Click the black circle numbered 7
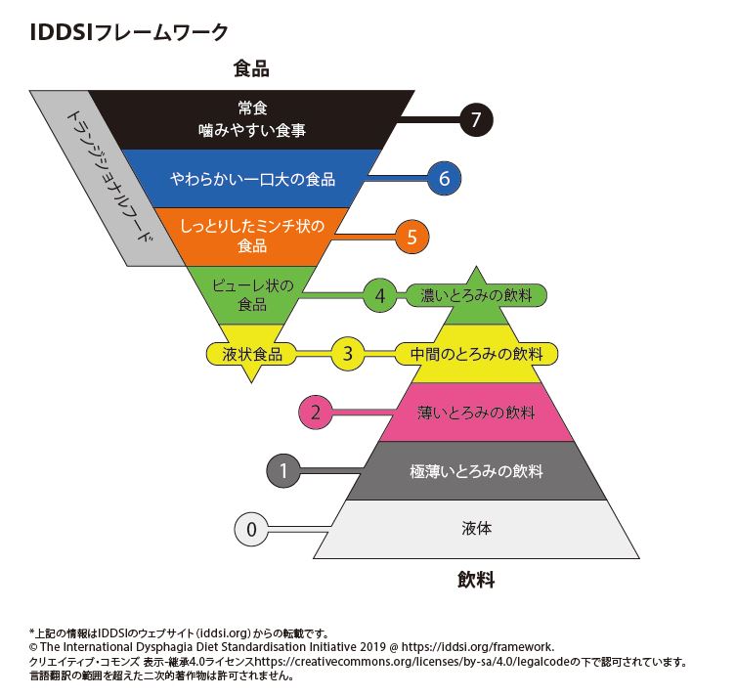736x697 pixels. (476, 119)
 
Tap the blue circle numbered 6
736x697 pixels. (444, 178)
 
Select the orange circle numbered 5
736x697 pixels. (411, 237)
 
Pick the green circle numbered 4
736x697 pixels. (380, 295)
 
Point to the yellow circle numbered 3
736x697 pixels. (347, 354)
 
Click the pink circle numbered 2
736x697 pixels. (316, 413)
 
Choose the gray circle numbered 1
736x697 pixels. (283, 470)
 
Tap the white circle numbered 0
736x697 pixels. (251, 529)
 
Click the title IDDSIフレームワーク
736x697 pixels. (129, 32)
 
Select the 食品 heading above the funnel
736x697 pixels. (251, 68)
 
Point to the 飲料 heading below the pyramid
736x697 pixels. (476, 579)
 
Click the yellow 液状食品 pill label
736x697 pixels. (252, 354)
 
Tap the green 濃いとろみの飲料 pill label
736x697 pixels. (476, 295)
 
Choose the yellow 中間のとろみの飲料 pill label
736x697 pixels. (476, 354)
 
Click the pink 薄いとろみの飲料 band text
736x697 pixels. (476, 413)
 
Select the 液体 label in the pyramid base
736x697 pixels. (476, 529)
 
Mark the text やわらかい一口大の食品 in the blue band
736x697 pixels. (252, 179)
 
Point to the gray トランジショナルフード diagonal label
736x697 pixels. (108, 176)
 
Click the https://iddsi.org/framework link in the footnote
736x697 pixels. (477, 647)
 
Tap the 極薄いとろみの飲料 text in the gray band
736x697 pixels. (476, 471)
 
